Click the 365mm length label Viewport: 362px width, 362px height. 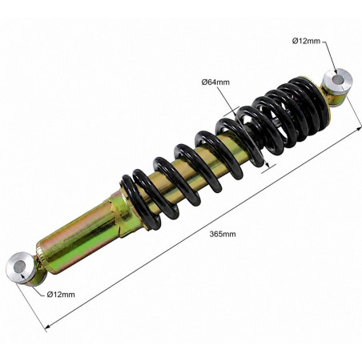pyautogui.click(x=223, y=234)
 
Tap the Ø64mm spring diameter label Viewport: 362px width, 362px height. pyautogui.click(x=215, y=82)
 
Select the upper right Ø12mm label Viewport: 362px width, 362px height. pyautogui.click(x=306, y=41)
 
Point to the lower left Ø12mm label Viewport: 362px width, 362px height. pyautogui.click(x=61, y=295)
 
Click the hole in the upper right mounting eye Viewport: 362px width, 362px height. pyautogui.click(x=338, y=79)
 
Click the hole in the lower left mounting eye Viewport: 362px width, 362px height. pyautogui.click(x=19, y=267)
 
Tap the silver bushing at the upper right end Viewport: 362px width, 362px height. pyautogui.click(x=338, y=81)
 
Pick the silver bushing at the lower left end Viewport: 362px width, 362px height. pyautogui.click(x=21, y=267)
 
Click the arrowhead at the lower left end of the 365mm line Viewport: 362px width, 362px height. pyautogui.click(x=48, y=326)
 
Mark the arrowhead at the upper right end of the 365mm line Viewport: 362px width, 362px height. pyautogui.click(x=359, y=129)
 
